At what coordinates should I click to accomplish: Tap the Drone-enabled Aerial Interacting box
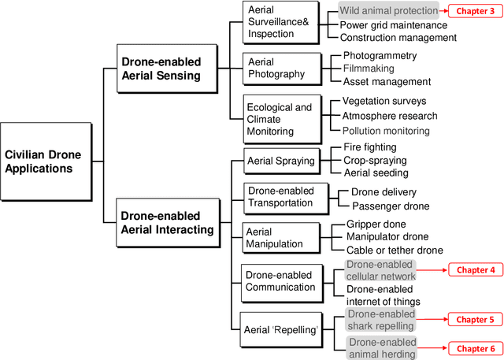(166, 223)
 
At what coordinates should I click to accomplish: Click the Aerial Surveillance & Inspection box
(279, 22)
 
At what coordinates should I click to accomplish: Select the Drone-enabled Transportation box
(281, 197)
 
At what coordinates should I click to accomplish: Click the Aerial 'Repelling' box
(281, 328)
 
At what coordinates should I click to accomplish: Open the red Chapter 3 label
(475, 11)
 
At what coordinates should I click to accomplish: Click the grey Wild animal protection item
(388, 11)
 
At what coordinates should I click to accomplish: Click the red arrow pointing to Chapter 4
(432, 269)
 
